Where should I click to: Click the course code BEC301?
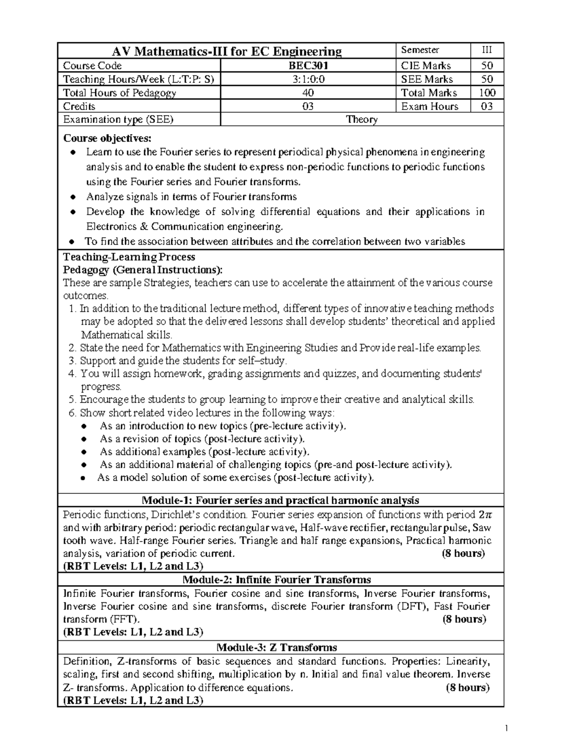point(308,66)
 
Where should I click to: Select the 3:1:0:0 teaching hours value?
point(308,79)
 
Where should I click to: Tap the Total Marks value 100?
point(487,93)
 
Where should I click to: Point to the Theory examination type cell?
point(362,120)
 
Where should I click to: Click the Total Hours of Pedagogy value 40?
point(308,93)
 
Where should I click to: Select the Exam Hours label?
point(429,106)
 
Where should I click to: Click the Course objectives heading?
point(107,138)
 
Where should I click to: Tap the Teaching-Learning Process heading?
point(129,257)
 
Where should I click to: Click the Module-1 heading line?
point(280,500)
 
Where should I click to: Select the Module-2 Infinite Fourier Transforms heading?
point(280,579)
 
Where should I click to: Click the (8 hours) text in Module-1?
point(463,553)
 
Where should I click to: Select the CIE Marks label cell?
point(426,66)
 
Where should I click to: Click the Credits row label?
point(79,106)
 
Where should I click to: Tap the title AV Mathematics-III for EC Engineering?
point(226,51)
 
